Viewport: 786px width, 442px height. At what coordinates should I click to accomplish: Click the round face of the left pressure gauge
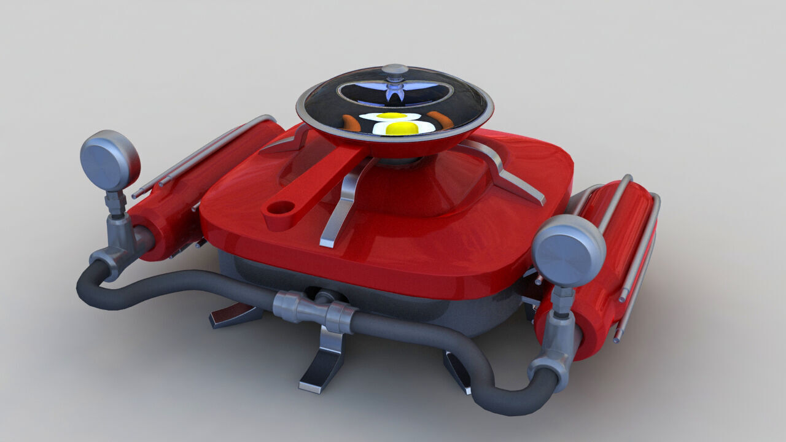[110, 160]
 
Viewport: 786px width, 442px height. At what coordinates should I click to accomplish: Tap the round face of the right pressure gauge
[569, 250]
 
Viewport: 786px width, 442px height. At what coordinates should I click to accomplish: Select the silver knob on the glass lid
[395, 69]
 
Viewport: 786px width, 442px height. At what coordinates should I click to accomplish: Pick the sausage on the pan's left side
[350, 123]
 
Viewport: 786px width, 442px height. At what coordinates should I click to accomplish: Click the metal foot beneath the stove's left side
[236, 315]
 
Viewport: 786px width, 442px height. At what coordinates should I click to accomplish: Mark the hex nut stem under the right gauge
[562, 301]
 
